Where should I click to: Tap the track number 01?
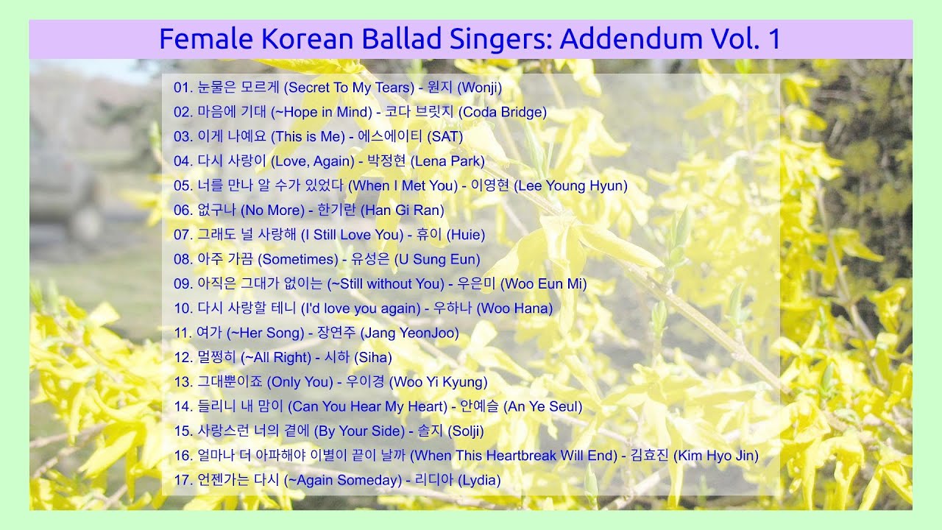pos(183,88)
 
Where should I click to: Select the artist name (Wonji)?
pos(480,88)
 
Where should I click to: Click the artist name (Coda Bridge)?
pos(503,113)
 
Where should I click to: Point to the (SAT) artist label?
pos(445,137)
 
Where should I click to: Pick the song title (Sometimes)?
pos(298,259)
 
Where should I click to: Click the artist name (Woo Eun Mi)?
pos(544,284)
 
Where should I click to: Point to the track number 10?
pos(183,308)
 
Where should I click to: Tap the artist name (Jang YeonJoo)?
pos(410,333)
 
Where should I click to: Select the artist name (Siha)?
pos(373,358)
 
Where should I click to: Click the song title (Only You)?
pos(300,382)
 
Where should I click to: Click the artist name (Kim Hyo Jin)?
pos(716,456)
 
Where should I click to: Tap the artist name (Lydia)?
pos(479,481)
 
